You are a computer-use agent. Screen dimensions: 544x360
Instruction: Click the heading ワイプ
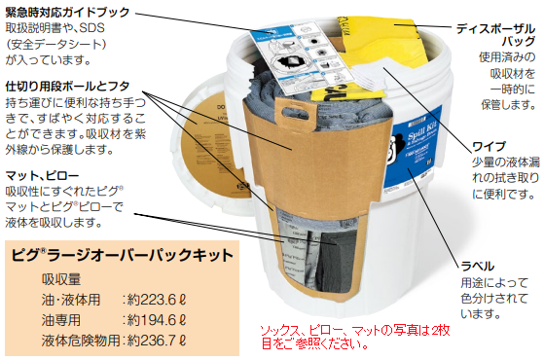click(487, 148)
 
